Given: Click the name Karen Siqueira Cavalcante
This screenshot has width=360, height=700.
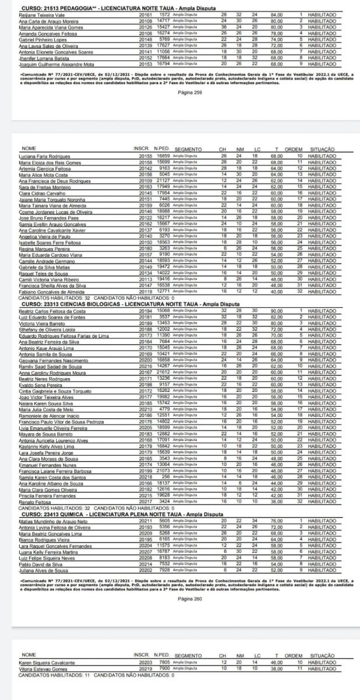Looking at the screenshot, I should [42, 664].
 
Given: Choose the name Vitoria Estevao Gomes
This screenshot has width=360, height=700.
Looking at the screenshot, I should [40, 669].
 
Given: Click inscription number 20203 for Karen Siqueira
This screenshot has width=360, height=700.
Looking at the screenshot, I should [144, 664].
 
